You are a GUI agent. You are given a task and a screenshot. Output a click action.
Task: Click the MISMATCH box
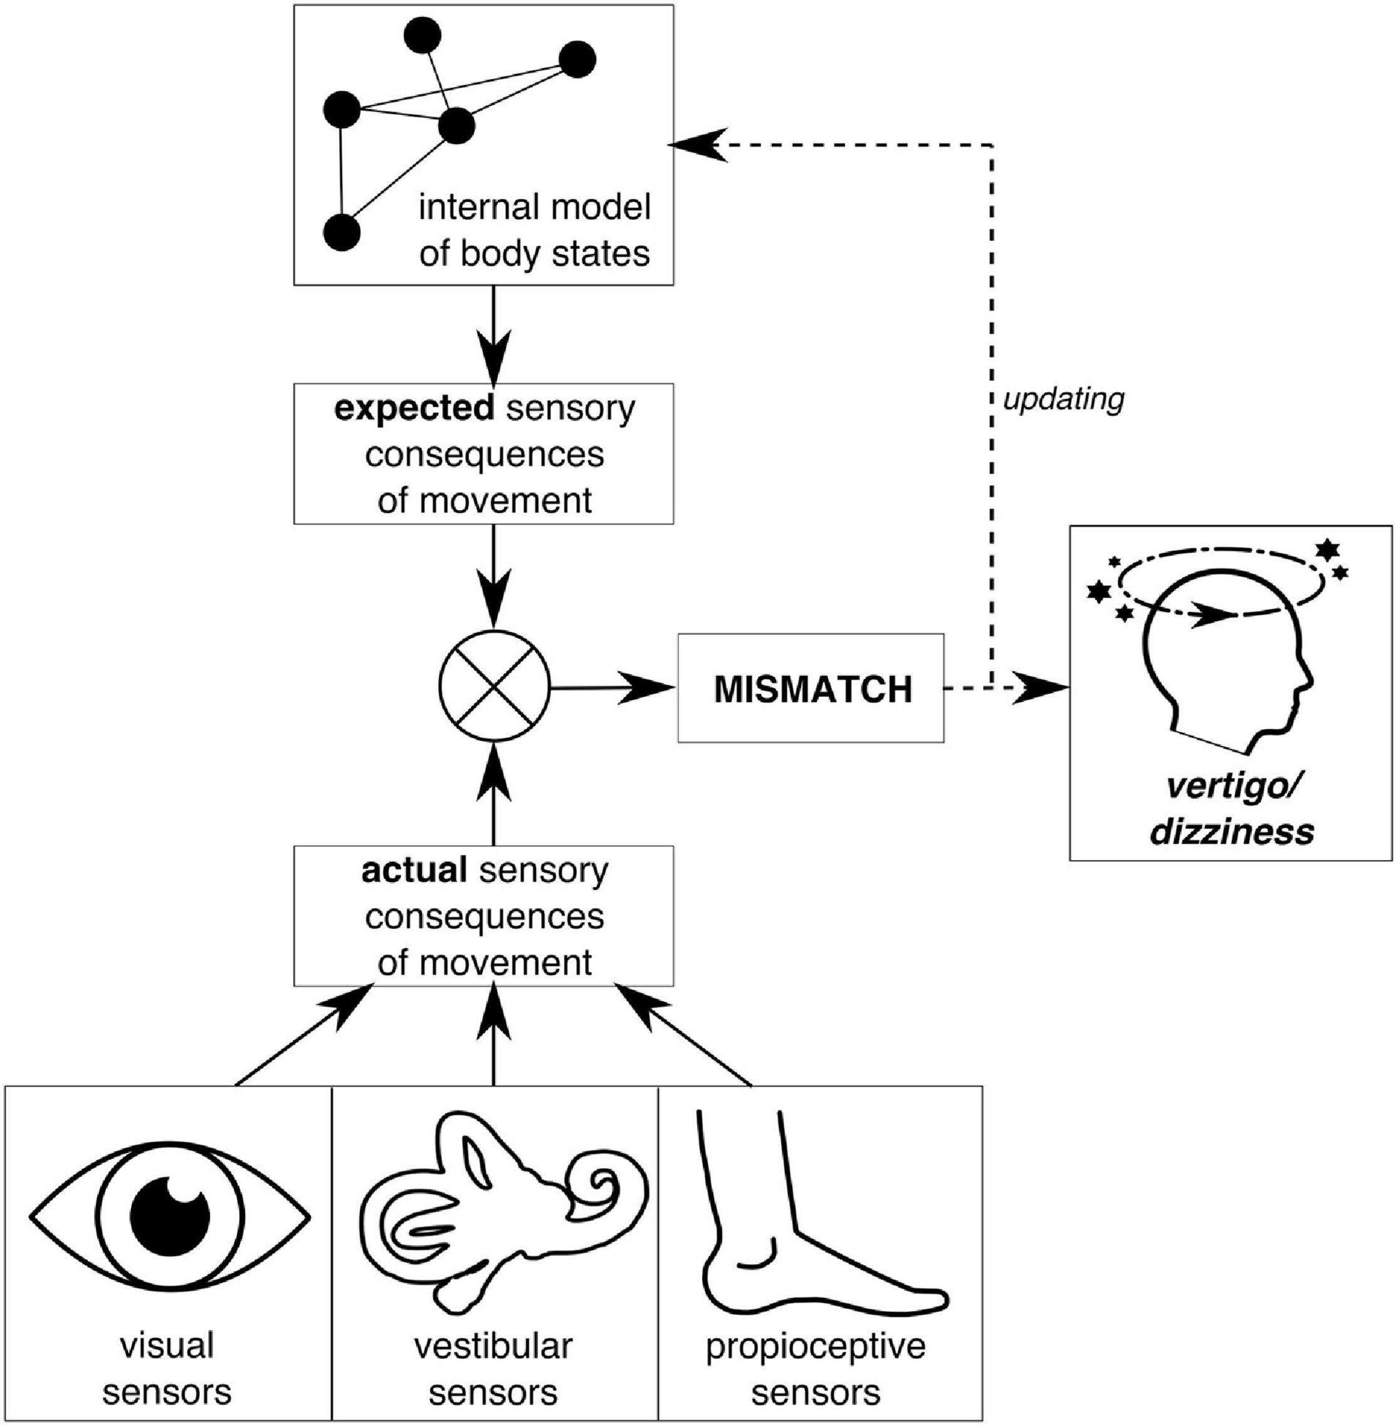point(811,688)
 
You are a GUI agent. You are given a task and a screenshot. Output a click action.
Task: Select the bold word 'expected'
point(415,409)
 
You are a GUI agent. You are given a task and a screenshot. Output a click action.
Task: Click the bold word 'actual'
point(414,871)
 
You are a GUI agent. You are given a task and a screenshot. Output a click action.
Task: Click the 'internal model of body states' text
point(535,230)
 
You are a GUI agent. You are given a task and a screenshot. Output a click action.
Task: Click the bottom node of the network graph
point(342,232)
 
